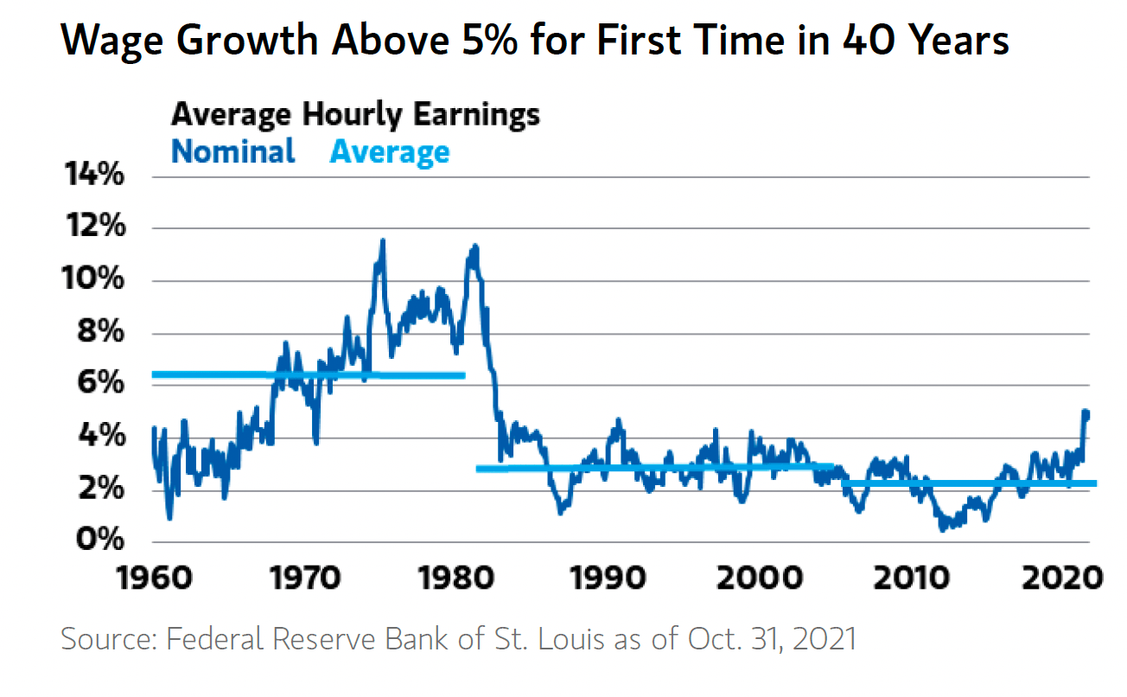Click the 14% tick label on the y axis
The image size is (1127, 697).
point(94,174)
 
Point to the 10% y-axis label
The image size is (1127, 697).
point(92,278)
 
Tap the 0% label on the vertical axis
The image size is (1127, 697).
point(99,539)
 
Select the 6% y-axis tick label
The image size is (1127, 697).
point(100,382)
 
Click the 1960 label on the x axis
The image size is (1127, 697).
point(155,578)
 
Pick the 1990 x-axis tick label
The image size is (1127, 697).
point(608,578)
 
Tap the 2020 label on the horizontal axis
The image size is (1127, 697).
point(1061,578)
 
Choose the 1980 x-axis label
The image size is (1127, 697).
point(456,578)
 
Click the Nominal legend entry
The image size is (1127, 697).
point(233,151)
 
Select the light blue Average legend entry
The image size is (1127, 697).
point(390,152)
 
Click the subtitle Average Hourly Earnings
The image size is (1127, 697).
point(355,115)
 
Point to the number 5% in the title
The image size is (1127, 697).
point(489,40)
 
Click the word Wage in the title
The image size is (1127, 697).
point(111,42)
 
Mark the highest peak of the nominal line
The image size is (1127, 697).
point(383,240)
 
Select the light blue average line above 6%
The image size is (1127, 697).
point(309,375)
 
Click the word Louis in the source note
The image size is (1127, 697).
point(571,639)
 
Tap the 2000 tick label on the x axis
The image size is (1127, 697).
point(759,578)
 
